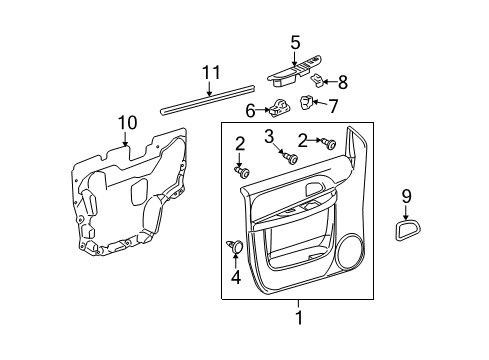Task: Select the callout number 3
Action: point(270,136)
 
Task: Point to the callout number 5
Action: point(295,42)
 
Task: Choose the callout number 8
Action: point(342,82)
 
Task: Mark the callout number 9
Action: point(405,197)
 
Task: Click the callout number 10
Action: point(125,124)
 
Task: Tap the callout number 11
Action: point(209,72)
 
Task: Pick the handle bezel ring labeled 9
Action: point(406,234)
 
